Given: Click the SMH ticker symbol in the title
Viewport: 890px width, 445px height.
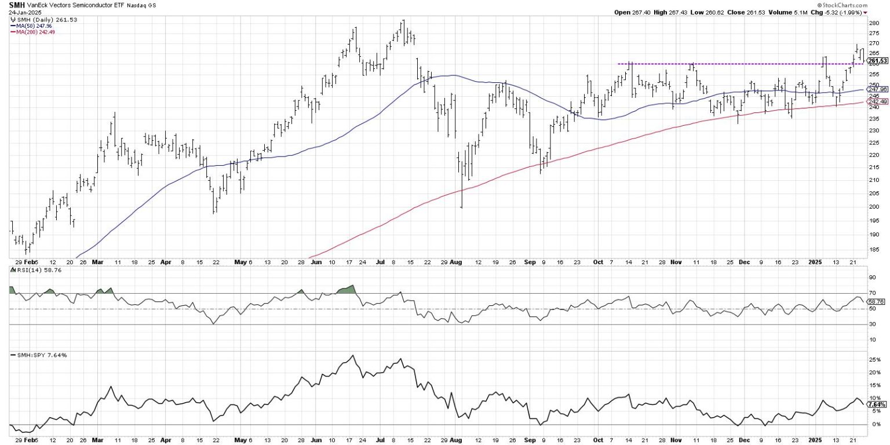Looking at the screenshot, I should [16, 4].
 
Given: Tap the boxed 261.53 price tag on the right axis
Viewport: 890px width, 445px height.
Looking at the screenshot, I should [878, 61].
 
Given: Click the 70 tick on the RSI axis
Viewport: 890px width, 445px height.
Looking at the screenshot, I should [871, 294].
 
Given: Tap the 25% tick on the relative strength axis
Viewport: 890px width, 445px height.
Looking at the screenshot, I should [873, 360].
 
